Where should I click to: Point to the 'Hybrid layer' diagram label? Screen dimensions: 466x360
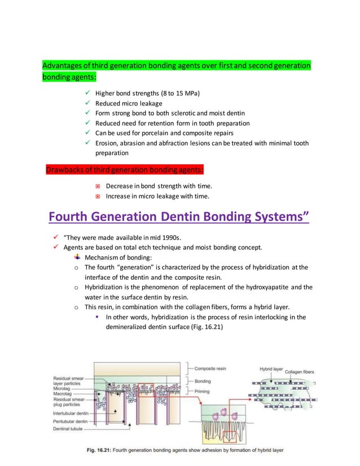pyautogui.click(x=271, y=369)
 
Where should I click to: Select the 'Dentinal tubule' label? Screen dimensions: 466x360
pyautogui.click(x=67, y=429)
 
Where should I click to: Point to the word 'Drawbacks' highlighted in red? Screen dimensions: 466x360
pyautogui.click(x=66, y=170)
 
